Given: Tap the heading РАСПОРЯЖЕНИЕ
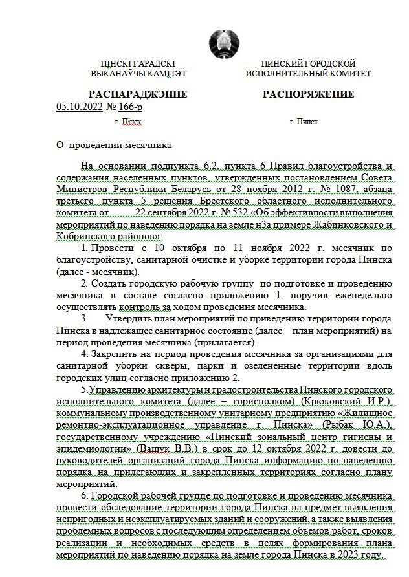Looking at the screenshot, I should [308, 94].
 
